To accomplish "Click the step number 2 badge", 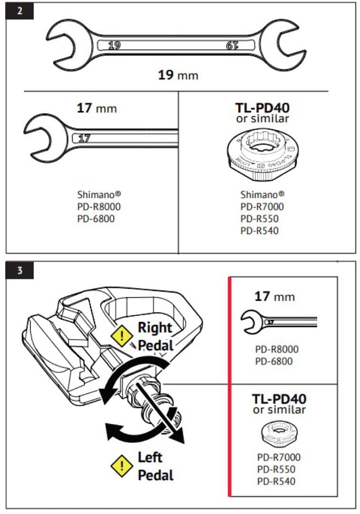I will pyautogui.click(x=19, y=11).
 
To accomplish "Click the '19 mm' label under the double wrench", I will pyautogui.click(x=178, y=75).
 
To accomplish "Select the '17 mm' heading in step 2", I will pyautogui.click(x=97, y=108).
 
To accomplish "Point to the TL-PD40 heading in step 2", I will pyautogui.click(x=262, y=108).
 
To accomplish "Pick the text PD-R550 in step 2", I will pyautogui.click(x=260, y=219).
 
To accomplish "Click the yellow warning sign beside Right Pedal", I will pyautogui.click(x=122, y=336).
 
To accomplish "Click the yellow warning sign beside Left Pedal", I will pyautogui.click(x=122, y=466).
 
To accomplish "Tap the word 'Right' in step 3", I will pyautogui.click(x=155, y=327).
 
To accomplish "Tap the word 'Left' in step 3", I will pyautogui.click(x=150, y=458).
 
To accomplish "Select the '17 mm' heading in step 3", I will pyautogui.click(x=274, y=297).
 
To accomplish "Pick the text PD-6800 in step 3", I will pyautogui.click(x=273, y=361).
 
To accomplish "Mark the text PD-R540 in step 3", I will pyautogui.click(x=276, y=481).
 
